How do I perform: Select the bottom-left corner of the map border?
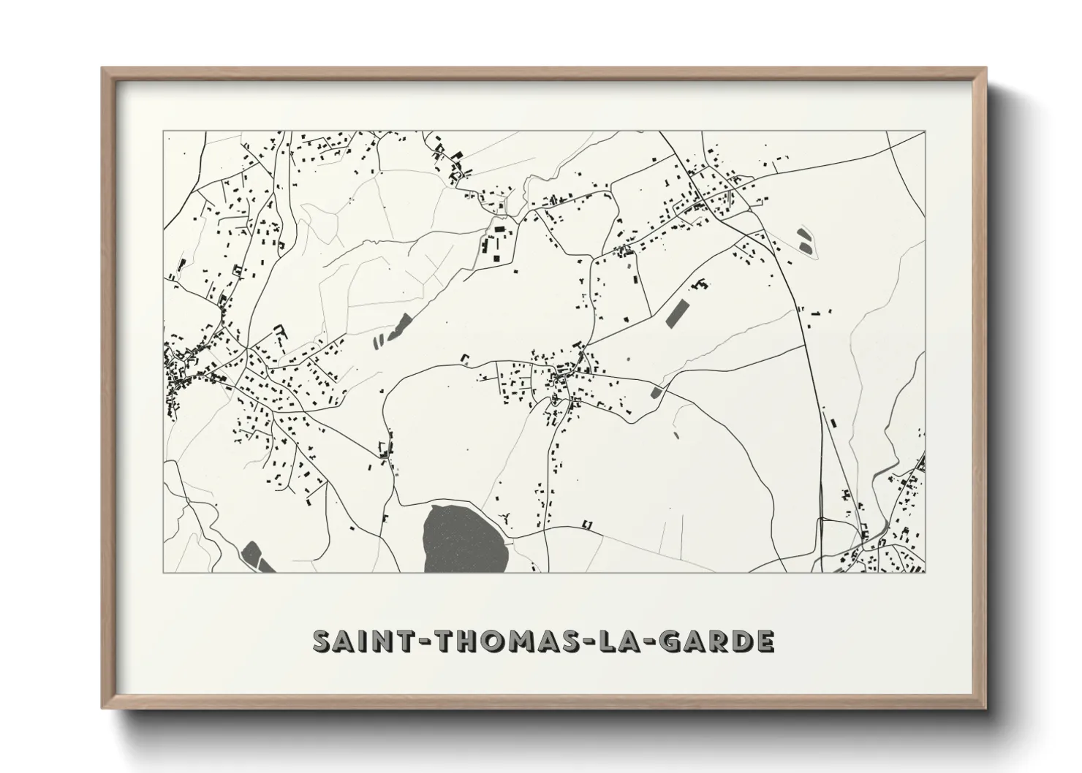tap(163, 572)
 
